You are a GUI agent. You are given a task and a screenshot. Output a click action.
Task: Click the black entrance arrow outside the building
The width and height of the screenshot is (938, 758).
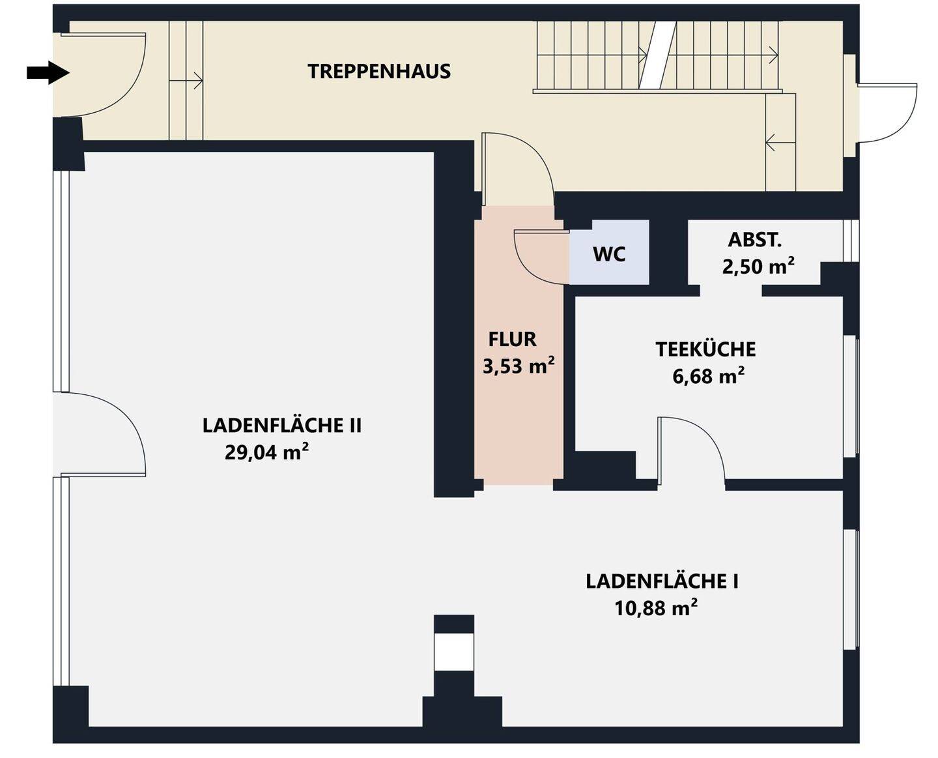click(48, 73)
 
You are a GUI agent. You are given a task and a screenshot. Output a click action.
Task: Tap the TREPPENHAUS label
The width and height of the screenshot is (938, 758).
click(379, 72)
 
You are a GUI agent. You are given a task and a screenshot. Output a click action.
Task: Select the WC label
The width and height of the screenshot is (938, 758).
click(609, 254)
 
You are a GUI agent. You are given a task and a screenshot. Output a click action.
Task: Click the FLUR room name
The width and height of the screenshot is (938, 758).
click(512, 340)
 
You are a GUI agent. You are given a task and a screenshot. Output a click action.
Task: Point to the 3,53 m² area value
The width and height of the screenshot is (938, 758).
click(519, 366)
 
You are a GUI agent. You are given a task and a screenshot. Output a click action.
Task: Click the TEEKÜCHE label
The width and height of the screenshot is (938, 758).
click(705, 349)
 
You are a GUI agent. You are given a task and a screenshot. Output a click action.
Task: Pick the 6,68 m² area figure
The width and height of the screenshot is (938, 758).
click(709, 376)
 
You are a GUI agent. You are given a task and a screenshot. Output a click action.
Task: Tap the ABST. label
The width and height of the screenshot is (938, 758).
click(755, 240)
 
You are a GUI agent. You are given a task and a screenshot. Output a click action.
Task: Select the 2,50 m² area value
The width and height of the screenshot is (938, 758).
click(758, 266)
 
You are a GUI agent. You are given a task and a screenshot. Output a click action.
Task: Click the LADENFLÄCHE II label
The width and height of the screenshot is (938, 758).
click(282, 425)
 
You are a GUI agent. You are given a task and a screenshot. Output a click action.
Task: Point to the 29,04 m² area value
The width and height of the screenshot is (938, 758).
click(266, 452)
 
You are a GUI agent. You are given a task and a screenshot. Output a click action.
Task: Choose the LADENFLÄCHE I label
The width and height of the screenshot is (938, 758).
click(662, 581)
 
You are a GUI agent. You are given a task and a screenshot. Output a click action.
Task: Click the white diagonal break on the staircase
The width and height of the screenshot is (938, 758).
click(657, 56)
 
